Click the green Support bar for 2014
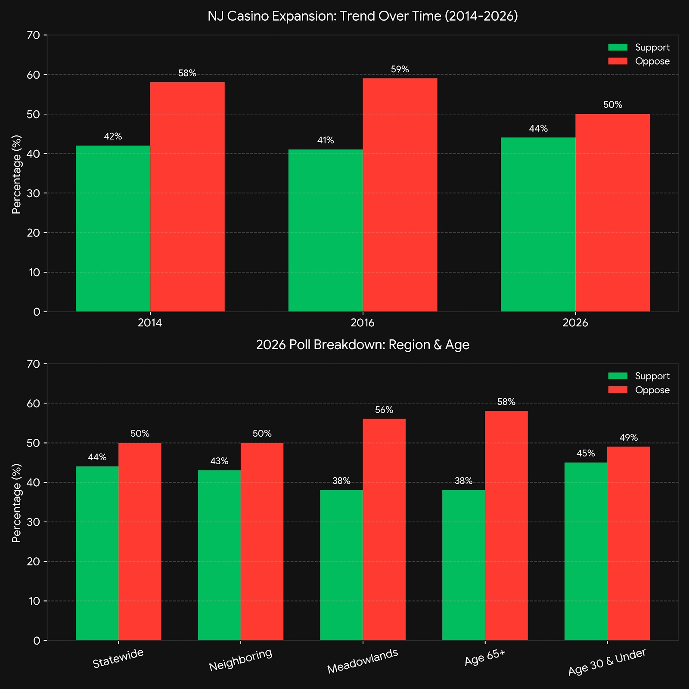tap(113, 228)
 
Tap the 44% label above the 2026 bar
tap(538, 129)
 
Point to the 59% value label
tap(400, 69)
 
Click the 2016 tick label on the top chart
tap(363, 323)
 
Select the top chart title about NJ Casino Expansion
tap(363, 16)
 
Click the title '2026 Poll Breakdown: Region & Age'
tap(363, 345)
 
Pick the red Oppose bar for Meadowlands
tap(384, 530)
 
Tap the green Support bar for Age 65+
tap(463, 565)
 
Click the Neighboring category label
tap(241, 660)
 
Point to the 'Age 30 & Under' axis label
tap(607, 662)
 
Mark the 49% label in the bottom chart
tap(628, 438)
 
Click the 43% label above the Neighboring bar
tap(219, 461)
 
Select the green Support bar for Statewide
tap(97, 553)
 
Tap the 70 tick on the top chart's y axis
tap(33, 35)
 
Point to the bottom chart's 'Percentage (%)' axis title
tap(17, 503)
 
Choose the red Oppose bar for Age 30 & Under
tap(628, 543)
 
